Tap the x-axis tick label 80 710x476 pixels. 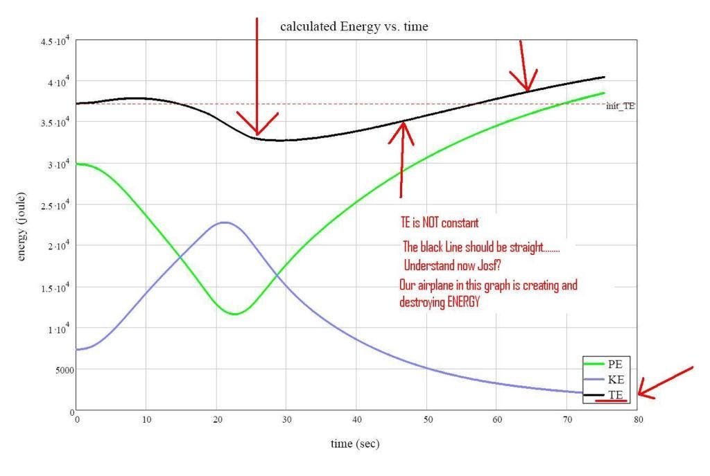(637, 419)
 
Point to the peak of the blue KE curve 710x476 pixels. (223, 222)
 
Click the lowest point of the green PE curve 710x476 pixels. (235, 314)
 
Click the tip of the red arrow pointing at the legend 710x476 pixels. (639, 396)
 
